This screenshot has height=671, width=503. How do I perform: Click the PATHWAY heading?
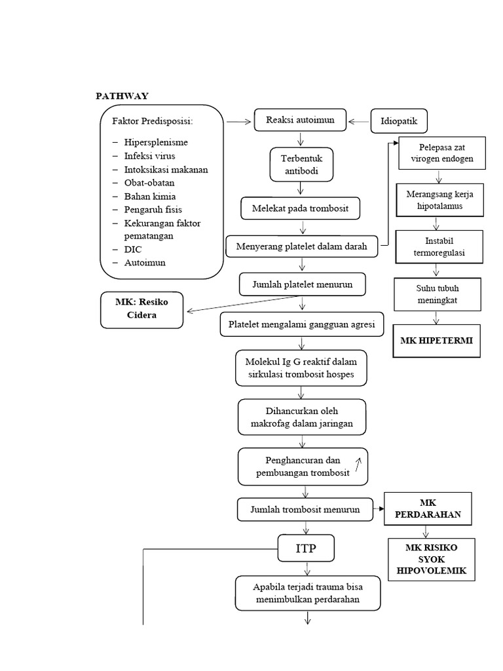tap(122, 96)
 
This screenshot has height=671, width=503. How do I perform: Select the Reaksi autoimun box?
tap(301, 121)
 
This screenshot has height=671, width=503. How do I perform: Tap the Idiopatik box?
tap(399, 121)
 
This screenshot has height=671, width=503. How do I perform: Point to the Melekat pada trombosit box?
tap(301, 208)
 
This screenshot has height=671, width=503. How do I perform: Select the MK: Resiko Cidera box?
tap(142, 310)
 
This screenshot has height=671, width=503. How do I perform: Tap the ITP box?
tap(306, 548)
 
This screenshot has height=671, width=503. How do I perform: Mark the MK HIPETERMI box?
tap(436, 341)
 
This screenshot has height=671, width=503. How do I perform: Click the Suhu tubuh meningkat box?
tap(437, 295)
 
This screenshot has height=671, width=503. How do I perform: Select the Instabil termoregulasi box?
tap(438, 246)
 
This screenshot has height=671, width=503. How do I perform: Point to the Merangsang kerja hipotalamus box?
tap(439, 199)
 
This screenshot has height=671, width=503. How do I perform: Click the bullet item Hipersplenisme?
tap(155, 142)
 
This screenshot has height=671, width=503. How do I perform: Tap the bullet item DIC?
tap(133, 250)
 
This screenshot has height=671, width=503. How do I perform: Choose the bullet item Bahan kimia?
tap(149, 196)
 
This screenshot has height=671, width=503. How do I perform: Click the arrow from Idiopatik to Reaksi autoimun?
tap(360, 121)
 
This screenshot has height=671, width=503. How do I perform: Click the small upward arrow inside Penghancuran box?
tap(358, 465)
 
